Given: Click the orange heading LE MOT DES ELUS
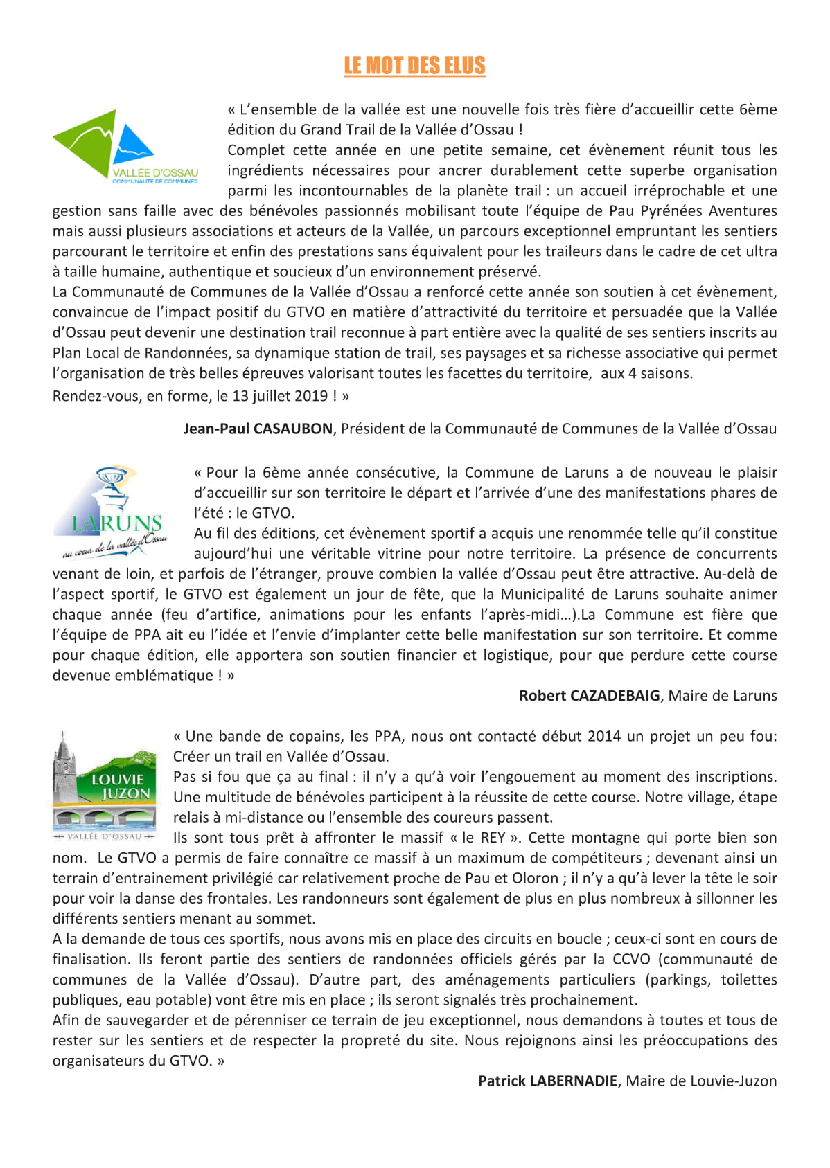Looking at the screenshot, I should point(414,66).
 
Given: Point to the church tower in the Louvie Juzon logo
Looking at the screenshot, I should point(64,769).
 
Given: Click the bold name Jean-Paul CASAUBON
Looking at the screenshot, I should point(258,429).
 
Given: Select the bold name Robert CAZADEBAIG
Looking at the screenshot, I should point(589,696).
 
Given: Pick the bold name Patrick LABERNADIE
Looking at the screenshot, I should point(547,1081).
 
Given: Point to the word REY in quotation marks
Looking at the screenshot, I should point(493,838).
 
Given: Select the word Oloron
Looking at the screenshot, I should point(534,878).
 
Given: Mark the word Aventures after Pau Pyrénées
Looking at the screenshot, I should point(742,210).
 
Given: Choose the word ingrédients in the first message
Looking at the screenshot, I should point(265,170).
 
